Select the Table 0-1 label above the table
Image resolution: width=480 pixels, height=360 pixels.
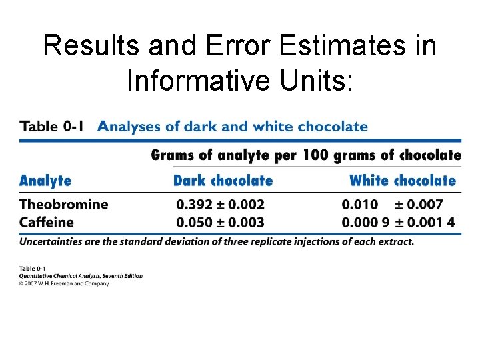(x=52, y=126)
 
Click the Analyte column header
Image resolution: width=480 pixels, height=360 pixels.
(x=45, y=181)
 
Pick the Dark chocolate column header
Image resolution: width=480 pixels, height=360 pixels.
(x=223, y=181)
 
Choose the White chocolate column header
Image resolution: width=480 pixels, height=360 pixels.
(x=402, y=181)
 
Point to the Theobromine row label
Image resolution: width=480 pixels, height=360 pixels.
(x=64, y=204)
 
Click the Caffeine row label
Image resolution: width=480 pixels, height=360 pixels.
(x=47, y=221)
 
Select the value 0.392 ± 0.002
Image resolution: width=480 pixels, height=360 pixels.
(x=220, y=204)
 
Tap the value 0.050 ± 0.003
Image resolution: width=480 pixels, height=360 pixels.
(x=220, y=221)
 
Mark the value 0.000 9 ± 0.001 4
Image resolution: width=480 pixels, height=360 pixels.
(x=399, y=221)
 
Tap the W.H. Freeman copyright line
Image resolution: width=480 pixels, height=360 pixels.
(x=64, y=283)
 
